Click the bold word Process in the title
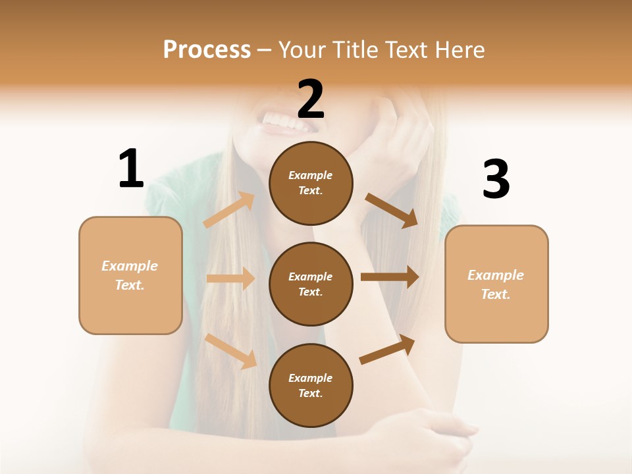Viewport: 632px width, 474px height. [x=207, y=50]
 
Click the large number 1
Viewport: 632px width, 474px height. [x=131, y=169]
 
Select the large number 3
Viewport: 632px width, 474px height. [x=496, y=180]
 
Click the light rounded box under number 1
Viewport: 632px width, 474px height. [x=130, y=275]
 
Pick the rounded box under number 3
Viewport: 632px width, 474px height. [x=496, y=284]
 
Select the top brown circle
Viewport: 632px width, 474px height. [x=311, y=183]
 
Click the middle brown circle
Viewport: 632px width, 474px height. [x=311, y=284]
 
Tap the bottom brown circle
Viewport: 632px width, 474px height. [x=311, y=385]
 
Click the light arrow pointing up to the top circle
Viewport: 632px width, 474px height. [x=229, y=210]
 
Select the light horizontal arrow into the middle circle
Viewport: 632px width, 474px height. [x=230, y=278]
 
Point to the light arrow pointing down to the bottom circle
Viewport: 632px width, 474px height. [x=231, y=350]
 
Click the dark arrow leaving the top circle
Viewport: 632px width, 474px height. [x=391, y=210]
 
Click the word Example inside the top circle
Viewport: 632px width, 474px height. [x=311, y=175]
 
